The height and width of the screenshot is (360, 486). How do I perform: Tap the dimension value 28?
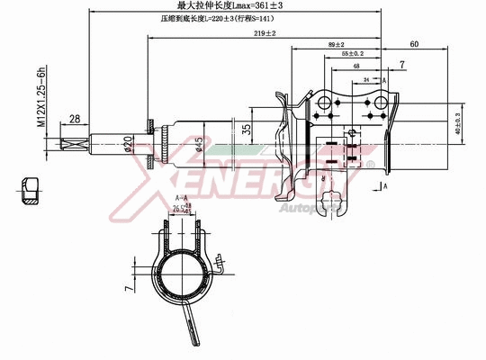point(75,118)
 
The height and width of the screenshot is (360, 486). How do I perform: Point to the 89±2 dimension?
point(337,44)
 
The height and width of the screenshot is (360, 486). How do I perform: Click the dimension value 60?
point(414,44)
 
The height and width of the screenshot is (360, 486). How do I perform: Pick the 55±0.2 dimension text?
point(354,55)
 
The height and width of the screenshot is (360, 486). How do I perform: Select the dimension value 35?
point(246,128)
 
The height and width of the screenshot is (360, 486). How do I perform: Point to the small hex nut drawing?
point(30,190)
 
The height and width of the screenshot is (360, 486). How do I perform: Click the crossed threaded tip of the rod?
point(74,143)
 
